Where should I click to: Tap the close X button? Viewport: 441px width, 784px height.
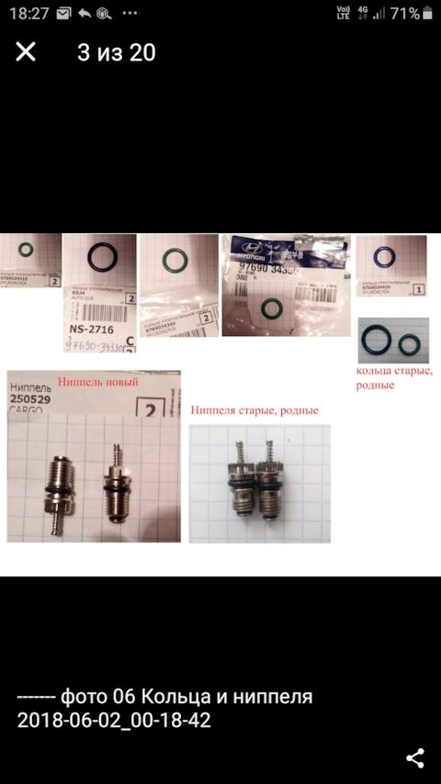26,52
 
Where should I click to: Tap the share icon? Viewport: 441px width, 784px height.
414,757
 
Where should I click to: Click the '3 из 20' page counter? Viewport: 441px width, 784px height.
116,52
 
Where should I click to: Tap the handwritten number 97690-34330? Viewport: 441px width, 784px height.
95,345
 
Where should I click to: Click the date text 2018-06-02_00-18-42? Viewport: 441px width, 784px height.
114,721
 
